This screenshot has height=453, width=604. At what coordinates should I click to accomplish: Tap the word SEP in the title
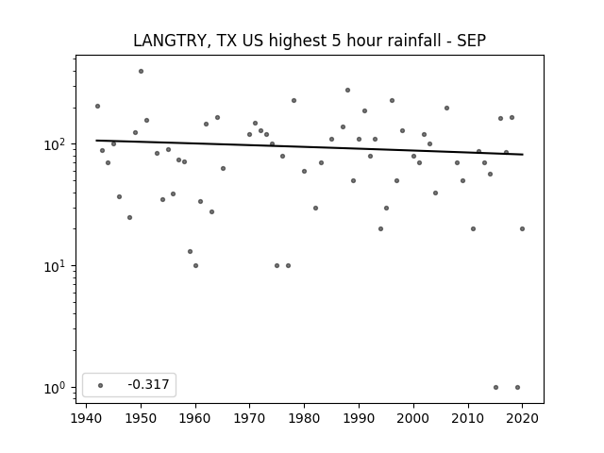pos(472,41)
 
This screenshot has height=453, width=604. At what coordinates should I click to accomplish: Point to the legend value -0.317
pos(148,384)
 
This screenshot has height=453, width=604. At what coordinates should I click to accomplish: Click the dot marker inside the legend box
pos(101,385)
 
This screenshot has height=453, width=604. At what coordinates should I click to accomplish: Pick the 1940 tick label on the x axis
pos(86,418)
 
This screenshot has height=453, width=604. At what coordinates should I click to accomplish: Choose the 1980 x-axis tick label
pos(304,418)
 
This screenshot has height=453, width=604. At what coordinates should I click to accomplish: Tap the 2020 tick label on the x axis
pos(522,418)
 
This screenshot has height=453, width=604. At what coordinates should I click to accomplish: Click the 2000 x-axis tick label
pos(413,418)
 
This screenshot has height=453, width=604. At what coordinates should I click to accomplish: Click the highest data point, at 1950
pos(141,72)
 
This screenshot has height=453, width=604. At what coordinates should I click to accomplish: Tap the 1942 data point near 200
pos(97,107)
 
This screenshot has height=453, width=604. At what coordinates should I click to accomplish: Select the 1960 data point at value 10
pos(195,266)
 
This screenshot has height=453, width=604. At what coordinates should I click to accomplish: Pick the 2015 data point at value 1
pos(495,388)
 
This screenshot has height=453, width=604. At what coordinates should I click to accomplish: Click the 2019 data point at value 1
pos(517,388)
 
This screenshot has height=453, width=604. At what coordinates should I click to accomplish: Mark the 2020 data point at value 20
pos(522,228)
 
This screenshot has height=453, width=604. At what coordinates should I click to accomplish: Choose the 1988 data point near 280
pos(348,91)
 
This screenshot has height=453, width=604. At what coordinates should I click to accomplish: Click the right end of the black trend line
pos(523,155)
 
